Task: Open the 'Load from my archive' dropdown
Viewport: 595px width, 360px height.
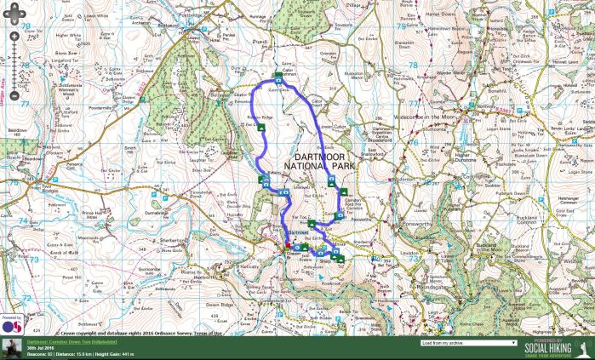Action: (469, 343)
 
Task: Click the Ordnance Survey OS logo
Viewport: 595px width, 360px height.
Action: (12, 326)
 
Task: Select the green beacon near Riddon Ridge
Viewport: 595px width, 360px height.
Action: (261, 127)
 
